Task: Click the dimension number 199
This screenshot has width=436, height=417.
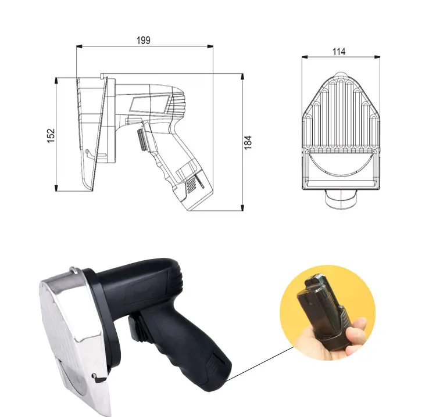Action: [x=144, y=41]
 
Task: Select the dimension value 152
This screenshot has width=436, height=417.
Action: [x=51, y=135]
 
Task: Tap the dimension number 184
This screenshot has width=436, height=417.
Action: [x=248, y=142]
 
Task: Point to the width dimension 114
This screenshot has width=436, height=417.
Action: [x=339, y=51]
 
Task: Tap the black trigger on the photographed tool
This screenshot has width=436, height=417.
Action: [x=134, y=328]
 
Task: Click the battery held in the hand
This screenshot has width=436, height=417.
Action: [x=323, y=311]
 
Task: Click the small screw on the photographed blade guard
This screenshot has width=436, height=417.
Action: [x=94, y=376]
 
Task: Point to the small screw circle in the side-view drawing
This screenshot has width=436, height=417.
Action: [x=87, y=152]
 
